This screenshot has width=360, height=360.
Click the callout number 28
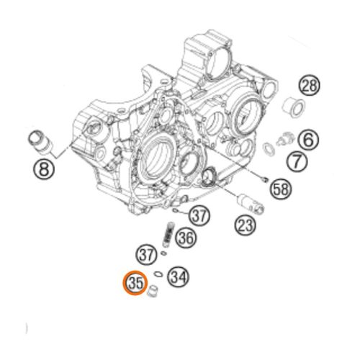[310, 86]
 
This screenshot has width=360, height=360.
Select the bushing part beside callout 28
[293, 107]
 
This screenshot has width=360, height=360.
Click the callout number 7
[297, 161]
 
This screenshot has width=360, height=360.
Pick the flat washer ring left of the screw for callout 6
[269, 148]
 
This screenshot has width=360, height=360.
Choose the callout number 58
[281, 189]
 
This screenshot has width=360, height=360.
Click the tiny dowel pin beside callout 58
[264, 179]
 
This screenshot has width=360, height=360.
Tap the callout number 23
[246, 225]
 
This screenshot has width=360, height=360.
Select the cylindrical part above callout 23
[250, 204]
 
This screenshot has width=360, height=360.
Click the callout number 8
[43, 169]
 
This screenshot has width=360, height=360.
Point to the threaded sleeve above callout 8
[40, 142]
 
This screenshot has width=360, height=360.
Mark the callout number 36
[185, 238]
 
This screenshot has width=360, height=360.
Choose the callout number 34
[179, 277]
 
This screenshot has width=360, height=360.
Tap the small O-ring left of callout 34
[158, 274]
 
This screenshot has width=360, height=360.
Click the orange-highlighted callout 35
[135, 283]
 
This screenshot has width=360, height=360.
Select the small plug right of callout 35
[152, 292]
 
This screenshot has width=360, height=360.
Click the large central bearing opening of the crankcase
[158, 160]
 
